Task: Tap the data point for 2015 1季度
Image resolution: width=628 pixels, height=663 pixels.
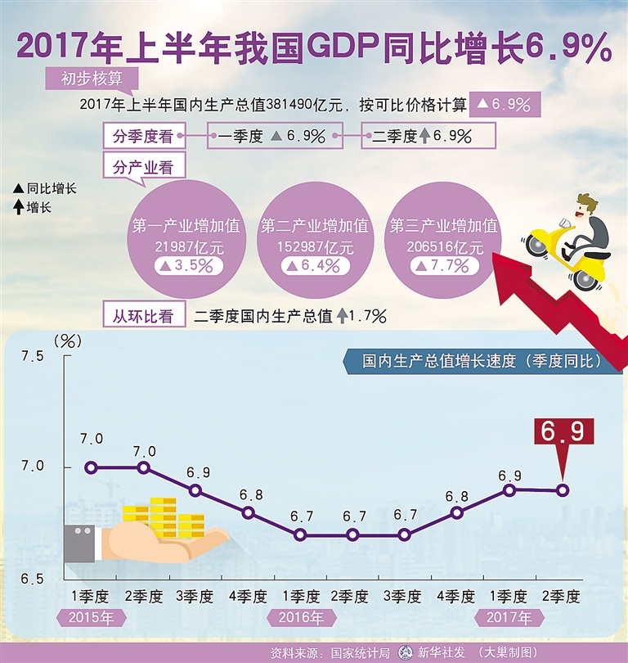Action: (x=91, y=467)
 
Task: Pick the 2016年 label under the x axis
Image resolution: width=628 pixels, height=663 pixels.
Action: (x=300, y=617)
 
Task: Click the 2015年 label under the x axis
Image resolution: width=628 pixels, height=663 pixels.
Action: (x=91, y=617)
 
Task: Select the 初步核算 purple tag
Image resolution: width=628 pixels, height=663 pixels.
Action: (x=92, y=79)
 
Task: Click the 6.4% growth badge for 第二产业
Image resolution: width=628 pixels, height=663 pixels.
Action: (x=313, y=265)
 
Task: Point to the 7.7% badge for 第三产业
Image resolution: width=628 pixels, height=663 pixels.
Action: (x=442, y=265)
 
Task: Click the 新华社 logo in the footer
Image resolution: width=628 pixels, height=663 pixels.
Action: (x=404, y=653)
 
